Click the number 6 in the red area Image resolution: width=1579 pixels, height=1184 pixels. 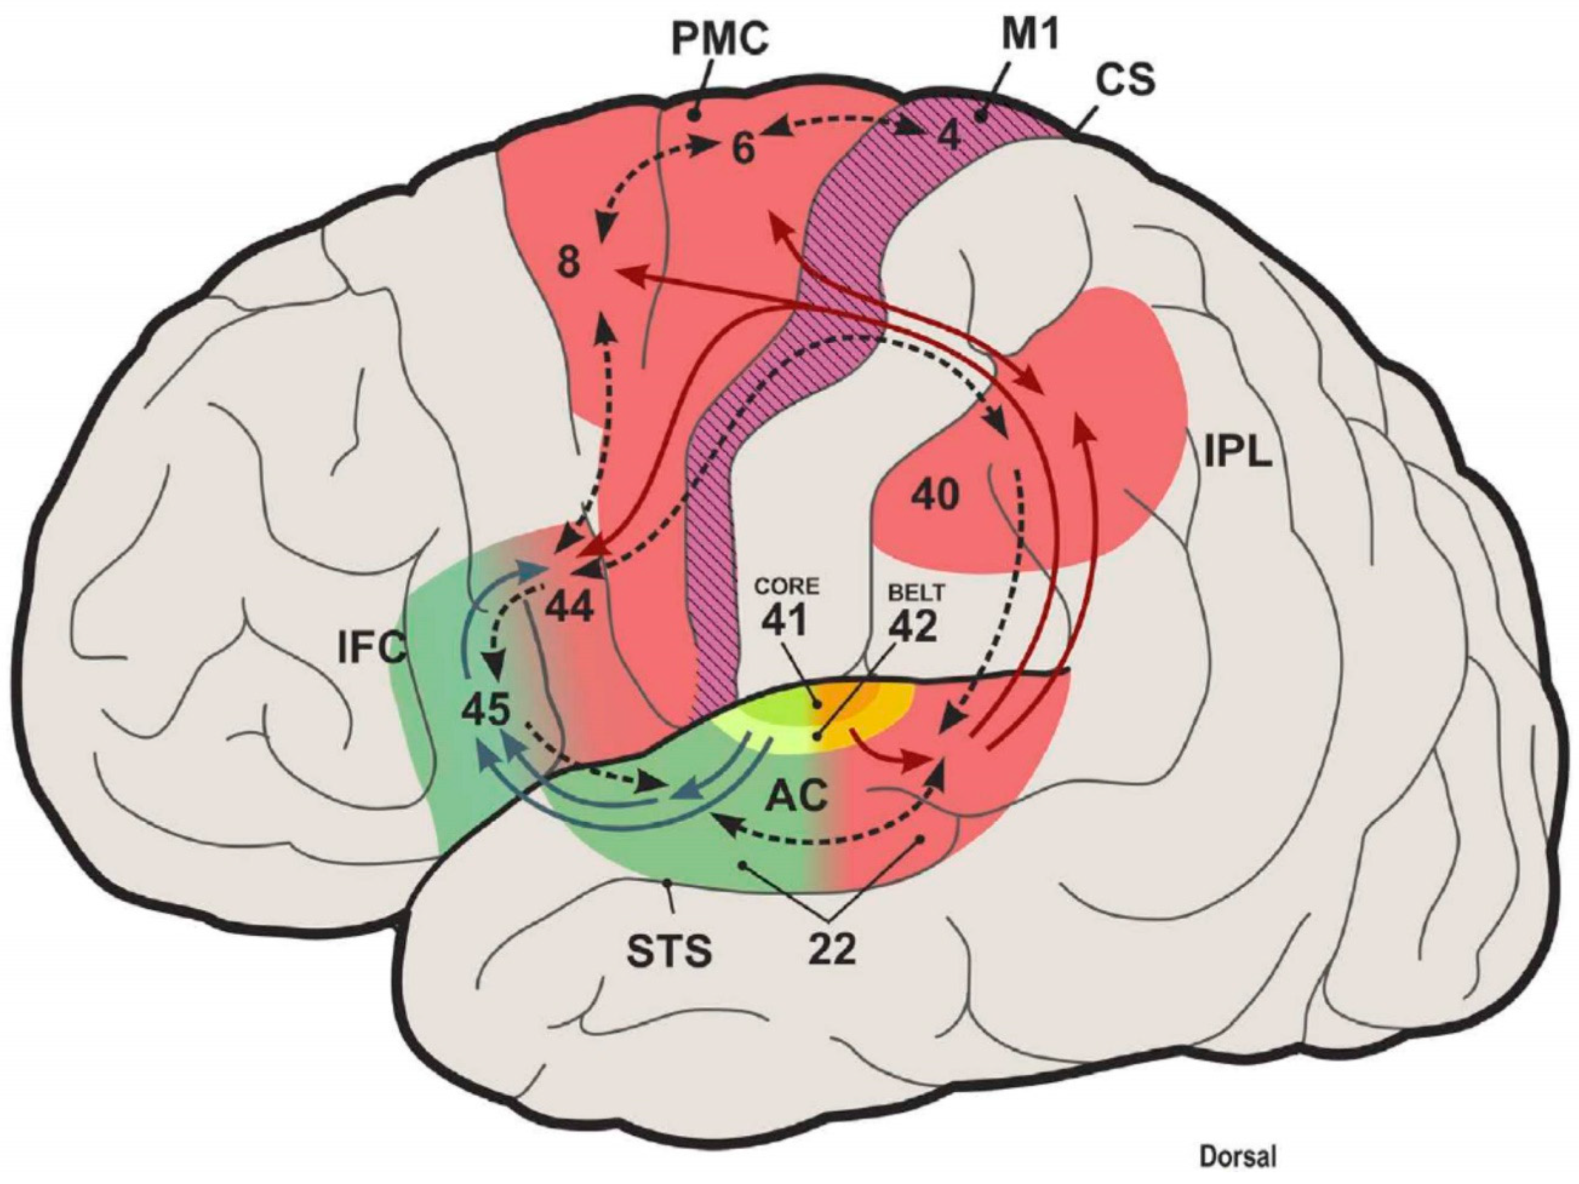(x=743, y=150)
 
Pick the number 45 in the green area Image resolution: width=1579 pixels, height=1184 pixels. (x=485, y=710)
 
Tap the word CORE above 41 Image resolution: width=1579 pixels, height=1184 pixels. (x=788, y=586)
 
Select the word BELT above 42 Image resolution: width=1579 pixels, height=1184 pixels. (x=916, y=592)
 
